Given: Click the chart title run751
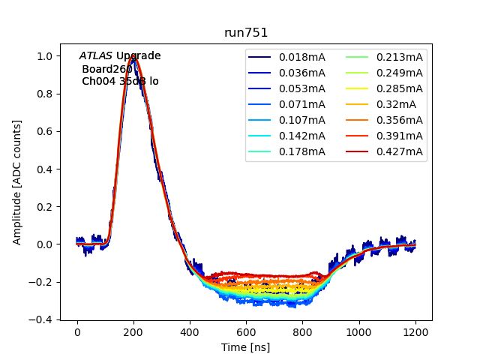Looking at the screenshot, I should point(246,33).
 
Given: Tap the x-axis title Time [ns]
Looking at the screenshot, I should point(245,347).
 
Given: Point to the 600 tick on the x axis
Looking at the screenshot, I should point(246,331).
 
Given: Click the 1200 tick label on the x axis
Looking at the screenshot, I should point(415,331).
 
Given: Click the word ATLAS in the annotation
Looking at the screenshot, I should point(96,55).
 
